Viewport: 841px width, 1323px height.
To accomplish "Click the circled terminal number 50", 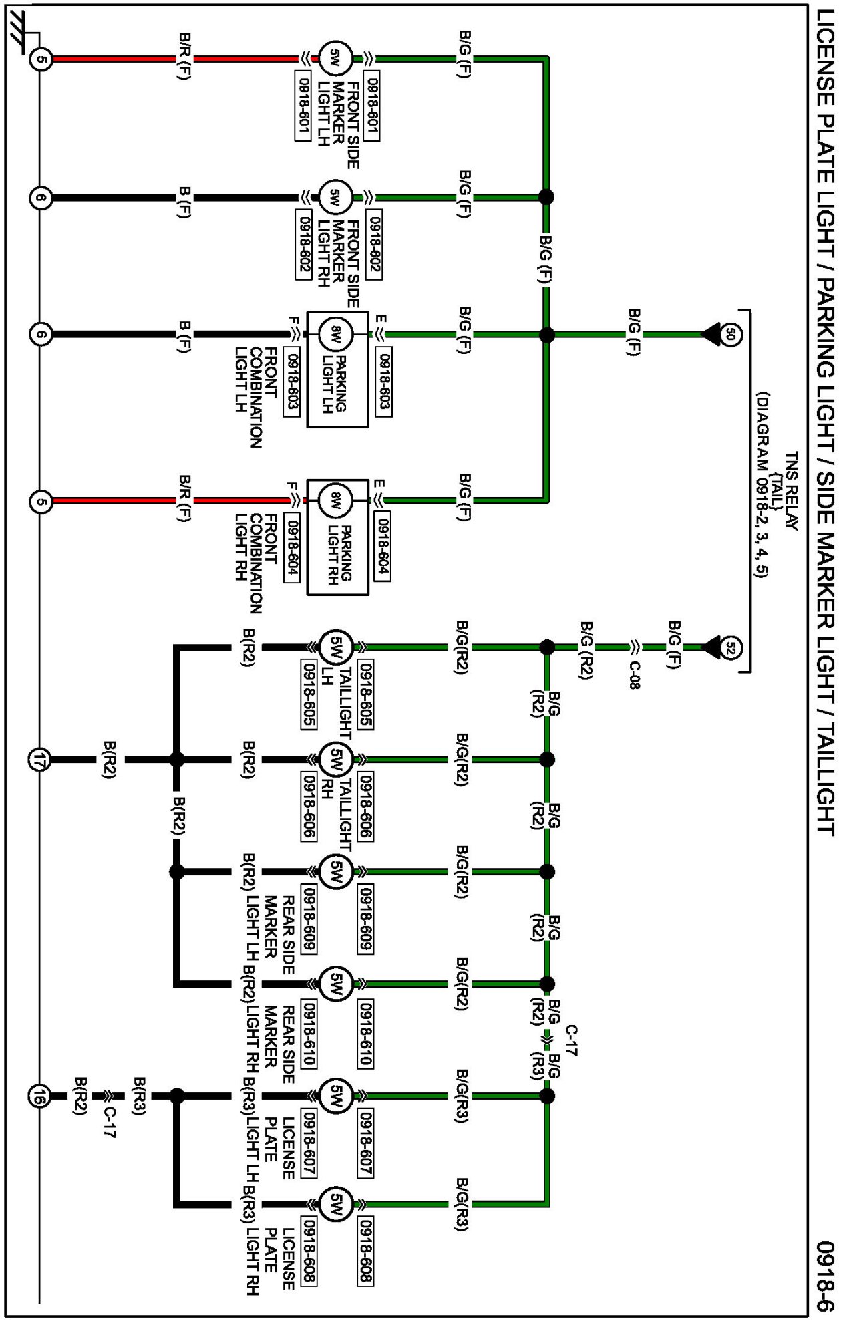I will coord(731,334).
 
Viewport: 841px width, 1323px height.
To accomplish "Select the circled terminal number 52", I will coord(731,647).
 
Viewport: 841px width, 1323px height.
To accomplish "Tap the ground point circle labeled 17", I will coord(39,760).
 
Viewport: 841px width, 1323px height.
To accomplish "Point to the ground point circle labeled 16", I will coord(39,1096).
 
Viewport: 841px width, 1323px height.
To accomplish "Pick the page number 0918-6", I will coord(826,1277).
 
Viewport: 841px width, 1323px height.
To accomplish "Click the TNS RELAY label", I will coord(792,491).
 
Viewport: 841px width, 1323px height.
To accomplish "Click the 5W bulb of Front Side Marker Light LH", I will coord(335,59).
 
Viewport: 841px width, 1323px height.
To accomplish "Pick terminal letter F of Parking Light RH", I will coord(292,486).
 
